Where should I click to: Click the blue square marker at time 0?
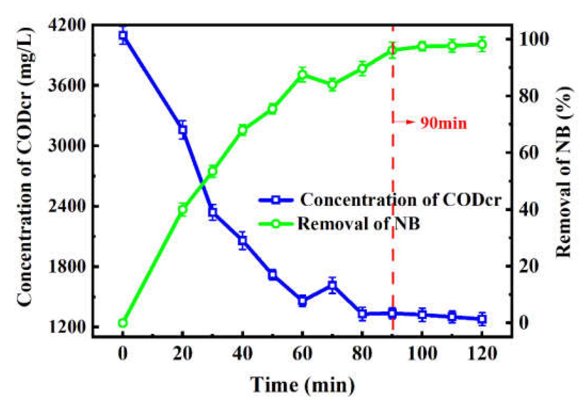click(x=123, y=35)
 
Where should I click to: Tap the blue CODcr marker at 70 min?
click(x=332, y=285)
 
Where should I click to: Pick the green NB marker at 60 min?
click(x=302, y=74)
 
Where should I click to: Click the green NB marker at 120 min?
click(x=482, y=45)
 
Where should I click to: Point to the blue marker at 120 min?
click(x=482, y=319)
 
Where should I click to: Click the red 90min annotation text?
click(x=444, y=123)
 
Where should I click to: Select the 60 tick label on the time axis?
click(x=302, y=354)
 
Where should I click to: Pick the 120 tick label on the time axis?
click(x=482, y=354)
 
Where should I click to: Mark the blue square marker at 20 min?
click(x=182, y=130)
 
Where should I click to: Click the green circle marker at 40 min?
click(x=242, y=130)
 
